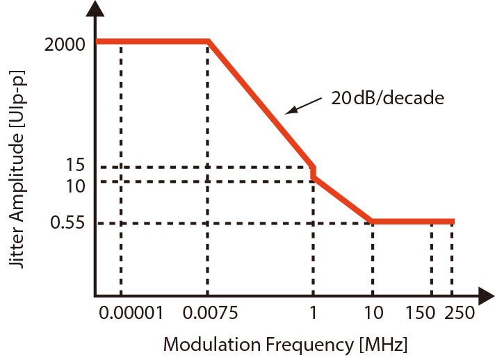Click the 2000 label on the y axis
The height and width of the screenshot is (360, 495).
tap(65, 45)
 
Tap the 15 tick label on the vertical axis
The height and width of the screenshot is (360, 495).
tap(76, 166)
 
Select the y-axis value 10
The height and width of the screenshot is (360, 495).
tap(75, 186)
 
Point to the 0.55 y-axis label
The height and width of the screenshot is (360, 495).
tap(68, 223)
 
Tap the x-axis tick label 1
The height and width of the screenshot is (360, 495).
tap(314, 313)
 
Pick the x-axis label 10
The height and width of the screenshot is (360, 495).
tap(373, 313)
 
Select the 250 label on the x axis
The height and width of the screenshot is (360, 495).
tap(459, 313)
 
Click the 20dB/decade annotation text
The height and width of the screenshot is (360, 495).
tap(387, 98)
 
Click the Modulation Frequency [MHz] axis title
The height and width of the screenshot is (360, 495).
tap(285, 344)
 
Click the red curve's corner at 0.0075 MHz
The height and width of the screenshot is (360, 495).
tap(209, 42)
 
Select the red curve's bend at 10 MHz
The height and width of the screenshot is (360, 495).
tap(373, 222)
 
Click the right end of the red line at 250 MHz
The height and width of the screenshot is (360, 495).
tap(453, 222)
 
